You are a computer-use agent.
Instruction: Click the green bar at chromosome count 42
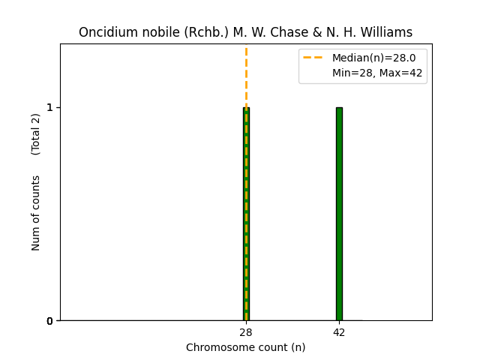[339, 214]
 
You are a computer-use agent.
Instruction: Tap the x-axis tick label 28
[246, 332]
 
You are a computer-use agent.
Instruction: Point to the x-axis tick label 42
[339, 332]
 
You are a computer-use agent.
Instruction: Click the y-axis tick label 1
[49, 107]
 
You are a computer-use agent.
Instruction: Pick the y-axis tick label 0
[49, 321]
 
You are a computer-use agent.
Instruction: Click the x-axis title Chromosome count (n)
[246, 347]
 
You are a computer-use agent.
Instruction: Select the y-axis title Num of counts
[36, 213]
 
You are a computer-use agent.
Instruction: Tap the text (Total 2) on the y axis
[36, 134]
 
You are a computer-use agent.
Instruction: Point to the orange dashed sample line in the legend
[314, 58]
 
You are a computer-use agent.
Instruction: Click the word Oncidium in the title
[105, 32]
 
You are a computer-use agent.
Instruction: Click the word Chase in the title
[276, 32]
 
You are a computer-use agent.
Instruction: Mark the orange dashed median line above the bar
[246, 75]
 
